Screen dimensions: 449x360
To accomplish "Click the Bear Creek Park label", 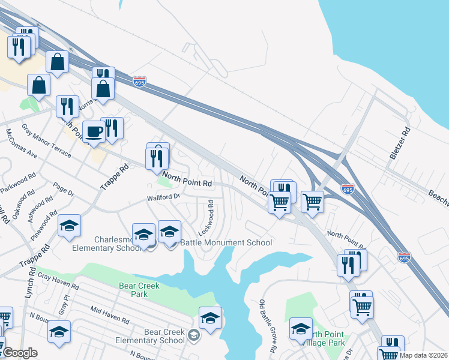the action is click(x=139, y=290).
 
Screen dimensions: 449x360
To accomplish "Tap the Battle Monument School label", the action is click(x=226, y=242).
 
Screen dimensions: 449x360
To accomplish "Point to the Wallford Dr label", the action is click(x=163, y=197).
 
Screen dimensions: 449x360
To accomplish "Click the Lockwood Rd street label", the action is click(x=206, y=218).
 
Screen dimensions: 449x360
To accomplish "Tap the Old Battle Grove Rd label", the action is click(x=268, y=326).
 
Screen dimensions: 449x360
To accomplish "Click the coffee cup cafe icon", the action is click(x=94, y=131).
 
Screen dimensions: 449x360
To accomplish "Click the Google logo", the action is click(x=20, y=352).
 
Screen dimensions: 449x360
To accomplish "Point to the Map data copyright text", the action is click(x=423, y=355).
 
